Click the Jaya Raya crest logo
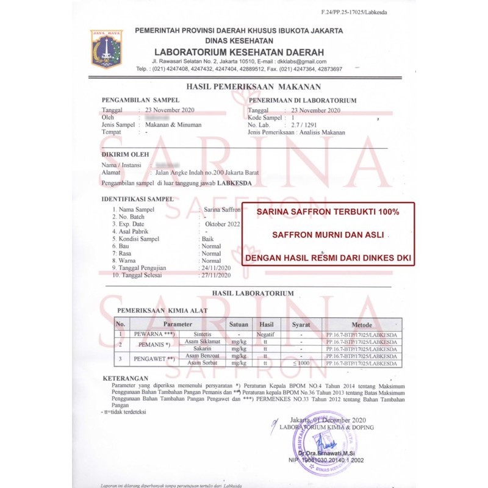[107, 49]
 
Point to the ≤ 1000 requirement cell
[301, 363]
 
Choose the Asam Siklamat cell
[202, 342]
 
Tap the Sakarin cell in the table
[202, 348]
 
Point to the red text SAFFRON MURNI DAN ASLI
[328, 234]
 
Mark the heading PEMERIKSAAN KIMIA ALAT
[162, 310]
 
